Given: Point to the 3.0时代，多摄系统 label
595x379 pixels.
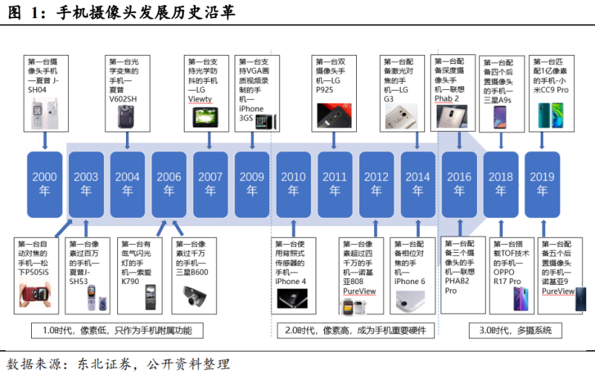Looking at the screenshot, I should [515, 330].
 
